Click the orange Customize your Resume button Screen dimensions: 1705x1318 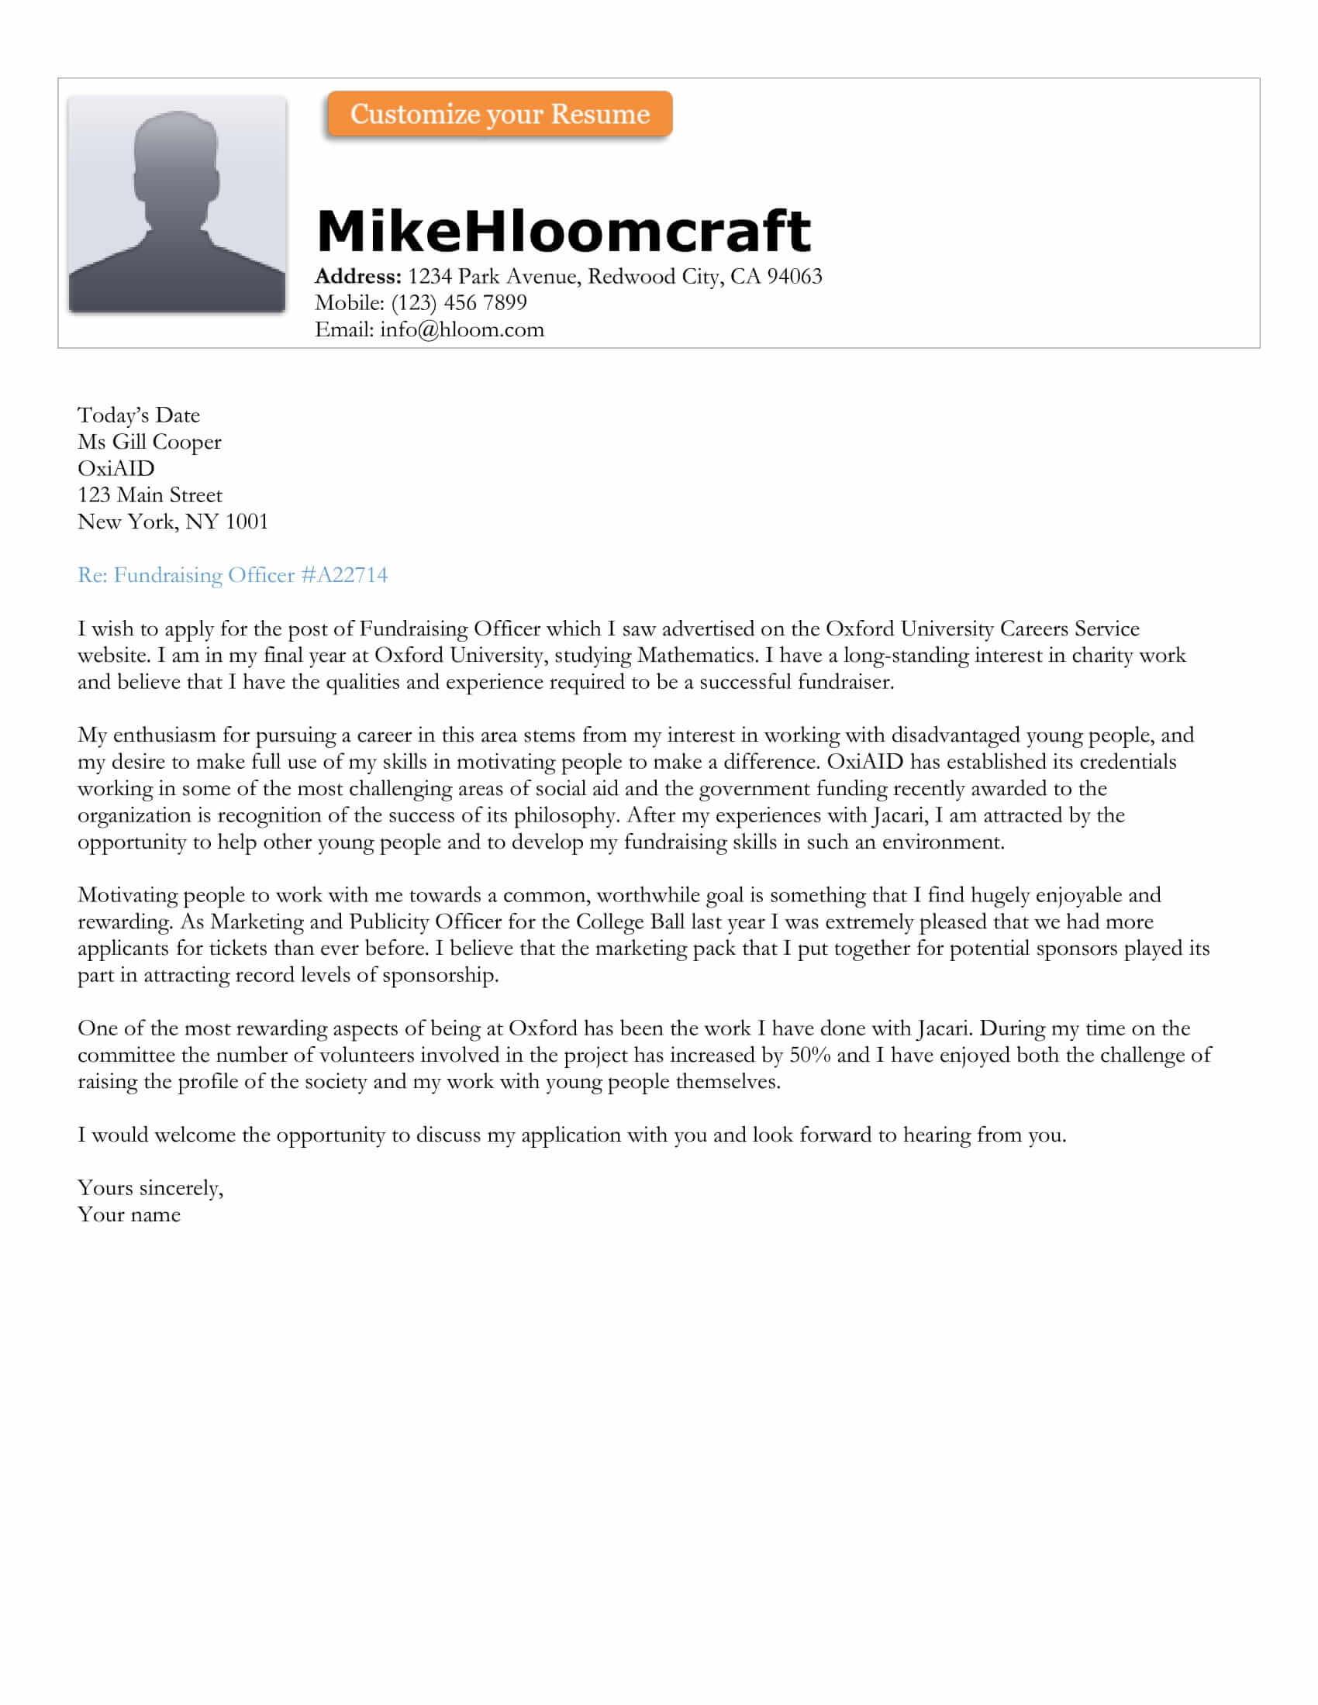tap(499, 114)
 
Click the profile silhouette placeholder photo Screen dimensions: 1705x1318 tap(178, 204)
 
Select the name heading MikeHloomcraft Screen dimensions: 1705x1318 tap(563, 231)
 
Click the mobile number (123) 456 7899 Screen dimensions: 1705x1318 tap(458, 303)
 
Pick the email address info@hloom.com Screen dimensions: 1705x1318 tap(461, 329)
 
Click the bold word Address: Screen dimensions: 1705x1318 tap(357, 277)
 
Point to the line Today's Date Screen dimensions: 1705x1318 tap(138, 415)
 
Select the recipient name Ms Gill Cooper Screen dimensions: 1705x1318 tap(149, 442)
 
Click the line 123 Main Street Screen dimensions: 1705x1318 tap(149, 495)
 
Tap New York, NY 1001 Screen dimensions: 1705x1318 tap(173, 522)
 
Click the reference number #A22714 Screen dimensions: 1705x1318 tap(343, 575)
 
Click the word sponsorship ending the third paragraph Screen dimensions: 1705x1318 tap(440, 976)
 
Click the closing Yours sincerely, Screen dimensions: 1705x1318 tap(150, 1188)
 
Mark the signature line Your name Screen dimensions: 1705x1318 tap(129, 1214)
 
